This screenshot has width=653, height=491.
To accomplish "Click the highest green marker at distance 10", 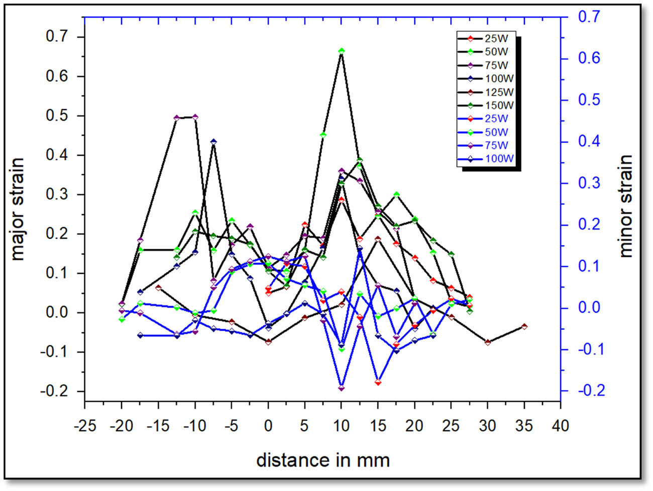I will tap(342, 51).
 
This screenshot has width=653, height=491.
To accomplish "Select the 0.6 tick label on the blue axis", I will tap(588, 58).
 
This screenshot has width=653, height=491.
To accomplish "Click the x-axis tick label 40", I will tap(561, 426).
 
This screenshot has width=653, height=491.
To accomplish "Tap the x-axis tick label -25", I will tap(84, 426).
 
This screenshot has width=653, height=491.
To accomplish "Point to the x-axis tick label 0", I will tap(268, 426).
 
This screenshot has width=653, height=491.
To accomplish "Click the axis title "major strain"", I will tap(18, 209).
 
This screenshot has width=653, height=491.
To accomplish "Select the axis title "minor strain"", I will tap(625, 206).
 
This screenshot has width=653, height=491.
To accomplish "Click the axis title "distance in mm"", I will tap(322, 460).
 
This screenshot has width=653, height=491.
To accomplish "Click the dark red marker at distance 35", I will tap(524, 326).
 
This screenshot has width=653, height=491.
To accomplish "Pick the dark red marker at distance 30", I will tap(488, 342).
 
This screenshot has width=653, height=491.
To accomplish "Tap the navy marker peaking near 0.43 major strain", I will tap(213, 142).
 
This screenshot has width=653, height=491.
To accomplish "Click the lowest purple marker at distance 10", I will tap(342, 388).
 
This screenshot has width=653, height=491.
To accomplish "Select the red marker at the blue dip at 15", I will tap(378, 382).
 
